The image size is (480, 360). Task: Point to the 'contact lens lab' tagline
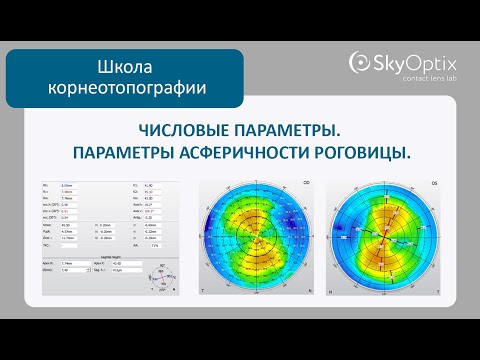414,78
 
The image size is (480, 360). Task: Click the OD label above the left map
304,183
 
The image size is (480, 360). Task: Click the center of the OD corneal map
257,245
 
